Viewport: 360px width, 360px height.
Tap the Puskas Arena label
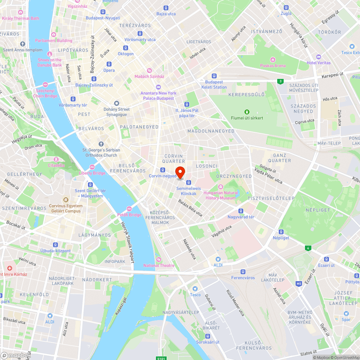tap(273, 66)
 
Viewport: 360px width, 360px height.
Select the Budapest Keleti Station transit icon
tap(214, 76)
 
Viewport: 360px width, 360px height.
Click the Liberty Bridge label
tap(92, 173)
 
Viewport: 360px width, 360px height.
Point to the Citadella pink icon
tap(56, 159)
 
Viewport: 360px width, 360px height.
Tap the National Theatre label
tap(159, 266)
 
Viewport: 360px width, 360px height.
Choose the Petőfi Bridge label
tap(129, 215)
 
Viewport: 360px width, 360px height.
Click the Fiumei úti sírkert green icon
tap(247, 112)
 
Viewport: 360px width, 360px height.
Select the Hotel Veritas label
tap(318, 63)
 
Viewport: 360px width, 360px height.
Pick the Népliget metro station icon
tap(281, 232)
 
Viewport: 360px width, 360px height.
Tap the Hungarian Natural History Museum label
tap(220, 195)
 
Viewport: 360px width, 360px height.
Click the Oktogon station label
tap(126, 54)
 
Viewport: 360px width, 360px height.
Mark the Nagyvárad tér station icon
tap(241, 211)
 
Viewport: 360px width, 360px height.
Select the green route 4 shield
tap(308, 248)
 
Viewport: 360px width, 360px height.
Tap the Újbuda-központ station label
tap(55, 251)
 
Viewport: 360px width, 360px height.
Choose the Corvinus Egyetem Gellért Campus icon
tap(66, 199)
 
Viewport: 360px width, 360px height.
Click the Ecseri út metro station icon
tap(327, 259)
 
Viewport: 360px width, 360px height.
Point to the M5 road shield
tap(299, 284)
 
